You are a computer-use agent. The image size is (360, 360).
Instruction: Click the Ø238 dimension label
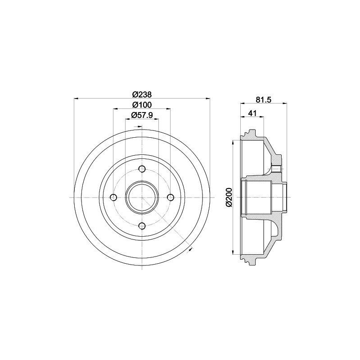[x=142, y=94]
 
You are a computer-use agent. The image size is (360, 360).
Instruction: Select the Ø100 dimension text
[x=142, y=105]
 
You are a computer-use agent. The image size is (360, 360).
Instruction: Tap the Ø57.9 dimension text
[x=142, y=115]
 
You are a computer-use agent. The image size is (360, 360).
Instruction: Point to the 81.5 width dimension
[x=264, y=99]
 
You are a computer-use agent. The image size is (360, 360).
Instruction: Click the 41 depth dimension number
[x=252, y=113]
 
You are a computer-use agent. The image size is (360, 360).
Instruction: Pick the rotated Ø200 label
[x=229, y=197]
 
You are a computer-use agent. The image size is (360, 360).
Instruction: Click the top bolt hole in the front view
[x=142, y=169]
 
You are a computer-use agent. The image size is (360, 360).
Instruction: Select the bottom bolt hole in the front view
[x=142, y=226]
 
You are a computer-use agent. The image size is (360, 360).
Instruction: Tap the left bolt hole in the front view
[x=114, y=197]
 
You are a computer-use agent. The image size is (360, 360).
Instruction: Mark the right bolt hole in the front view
[x=171, y=197]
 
